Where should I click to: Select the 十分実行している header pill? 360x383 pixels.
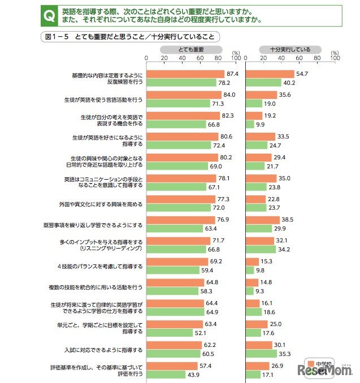[290, 50]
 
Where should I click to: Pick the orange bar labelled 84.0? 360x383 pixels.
[184, 95]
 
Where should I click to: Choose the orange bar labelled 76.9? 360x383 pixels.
[181, 221]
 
